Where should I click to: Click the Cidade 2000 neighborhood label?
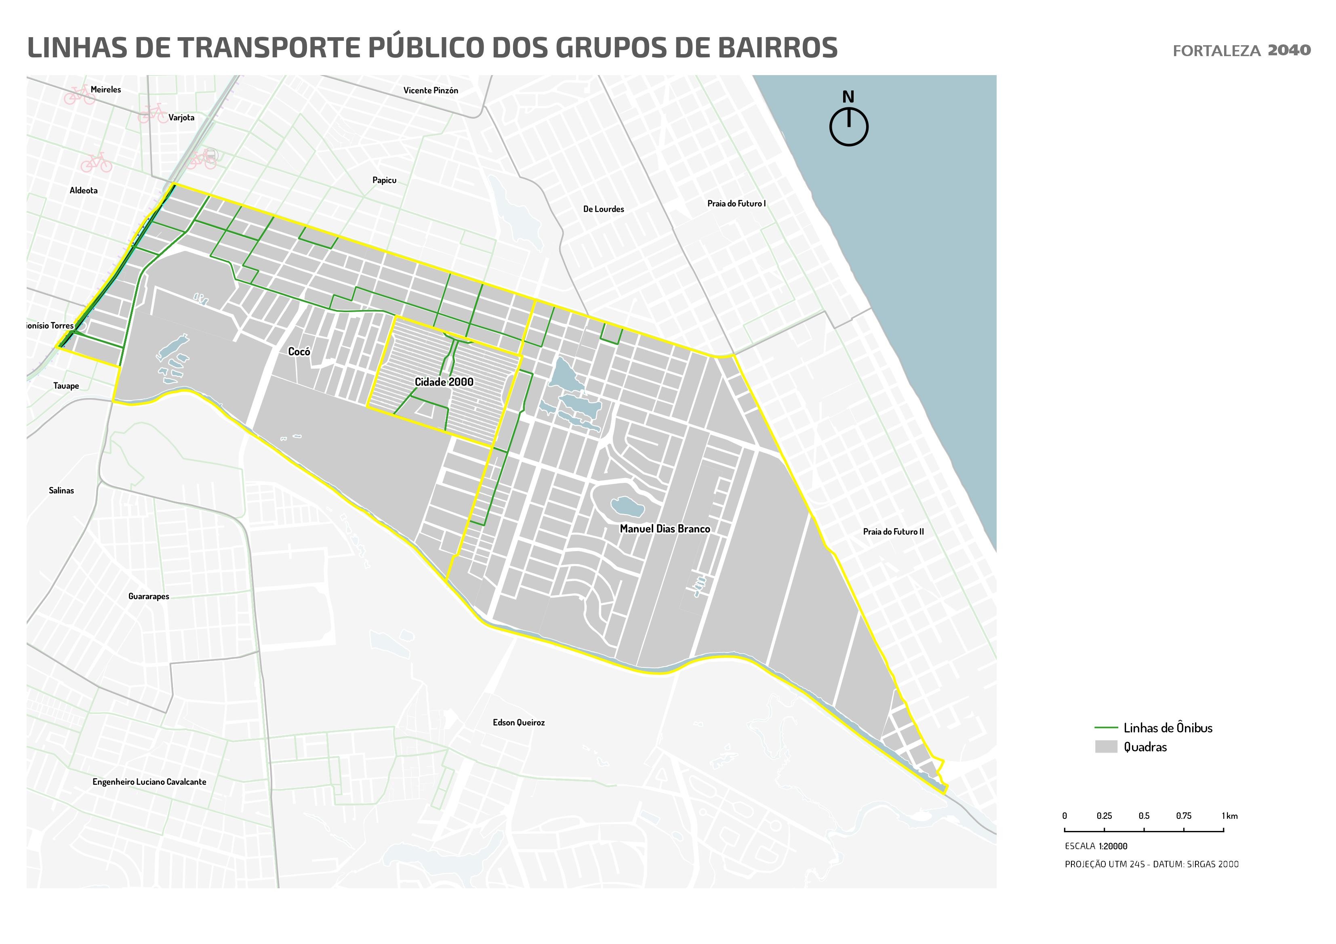click(444, 382)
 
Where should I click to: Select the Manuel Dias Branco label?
click(665, 529)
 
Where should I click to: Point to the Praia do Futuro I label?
click(736, 203)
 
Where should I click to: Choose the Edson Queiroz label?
click(518, 722)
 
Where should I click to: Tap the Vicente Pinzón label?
click(431, 90)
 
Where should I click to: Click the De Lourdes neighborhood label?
click(604, 209)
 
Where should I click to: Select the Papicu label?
click(384, 180)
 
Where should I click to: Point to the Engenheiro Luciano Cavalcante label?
click(149, 782)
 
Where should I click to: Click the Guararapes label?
click(148, 596)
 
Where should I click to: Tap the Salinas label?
click(61, 490)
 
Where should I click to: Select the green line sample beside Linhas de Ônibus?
click(1106, 728)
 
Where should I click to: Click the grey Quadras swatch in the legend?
click(1106, 747)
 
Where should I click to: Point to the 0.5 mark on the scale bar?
click(1144, 831)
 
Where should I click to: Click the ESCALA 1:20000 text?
click(1096, 846)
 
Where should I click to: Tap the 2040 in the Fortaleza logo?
click(1289, 50)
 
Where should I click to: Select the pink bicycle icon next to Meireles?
click(80, 95)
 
